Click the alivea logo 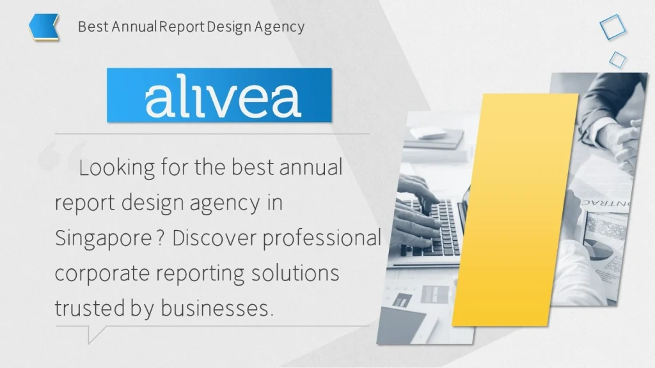[x=219, y=95]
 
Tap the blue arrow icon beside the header [x=44, y=27]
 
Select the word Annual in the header [x=135, y=27]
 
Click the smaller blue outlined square [x=617, y=59]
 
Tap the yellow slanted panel [x=516, y=211]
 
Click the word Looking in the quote [x=116, y=169]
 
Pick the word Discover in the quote [x=213, y=239]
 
